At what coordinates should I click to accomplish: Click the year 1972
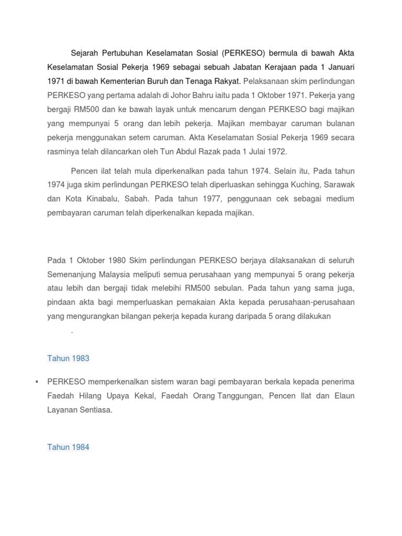click(277, 152)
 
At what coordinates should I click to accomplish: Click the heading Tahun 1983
click(69, 359)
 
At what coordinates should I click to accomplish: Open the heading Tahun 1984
click(69, 447)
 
